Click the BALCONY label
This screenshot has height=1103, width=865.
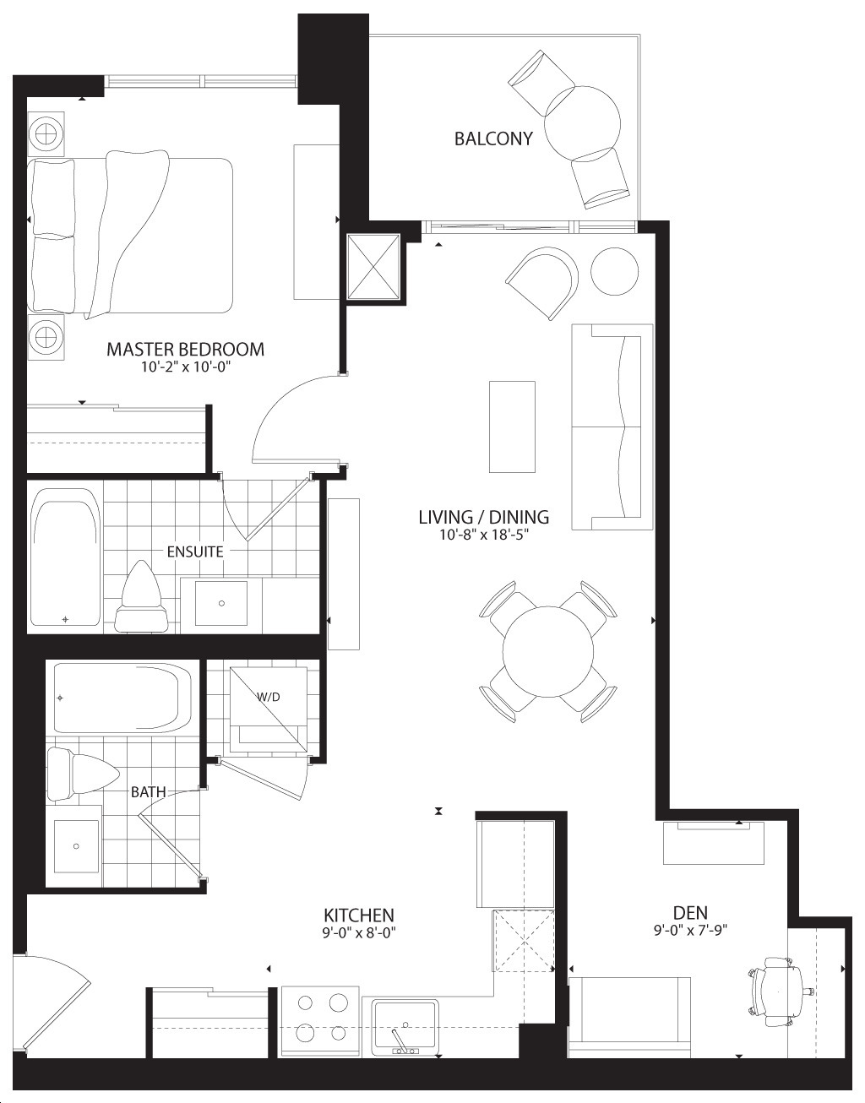pos(493,139)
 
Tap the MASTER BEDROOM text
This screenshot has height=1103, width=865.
pos(185,349)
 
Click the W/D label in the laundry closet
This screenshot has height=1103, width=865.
pos(268,697)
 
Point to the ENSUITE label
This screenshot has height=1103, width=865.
pos(195,551)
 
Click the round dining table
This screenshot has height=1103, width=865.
pos(547,651)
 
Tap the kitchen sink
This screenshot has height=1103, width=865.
pos(405,1027)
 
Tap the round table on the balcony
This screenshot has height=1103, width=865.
pos(582,124)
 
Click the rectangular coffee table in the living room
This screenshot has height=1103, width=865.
pos(512,427)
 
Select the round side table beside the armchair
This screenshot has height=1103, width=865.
pos(615,271)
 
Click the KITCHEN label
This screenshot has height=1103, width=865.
pos(359,916)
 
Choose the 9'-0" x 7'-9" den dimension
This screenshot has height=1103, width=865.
pos(690,930)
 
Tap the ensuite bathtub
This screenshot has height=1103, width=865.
pos(65,557)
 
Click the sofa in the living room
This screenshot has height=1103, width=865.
pos(612,427)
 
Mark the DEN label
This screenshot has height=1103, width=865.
pos(690,913)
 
